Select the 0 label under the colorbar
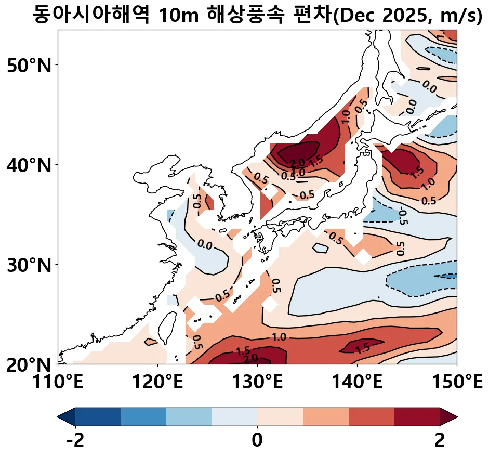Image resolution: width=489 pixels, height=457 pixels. pos(257,441)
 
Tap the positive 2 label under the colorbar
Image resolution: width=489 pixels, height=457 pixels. pos(440,441)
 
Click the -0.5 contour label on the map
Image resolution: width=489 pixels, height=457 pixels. pos(402,216)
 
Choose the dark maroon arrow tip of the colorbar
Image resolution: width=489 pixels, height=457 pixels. pos(448,416)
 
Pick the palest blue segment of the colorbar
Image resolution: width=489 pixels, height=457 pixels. pos(234,416)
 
